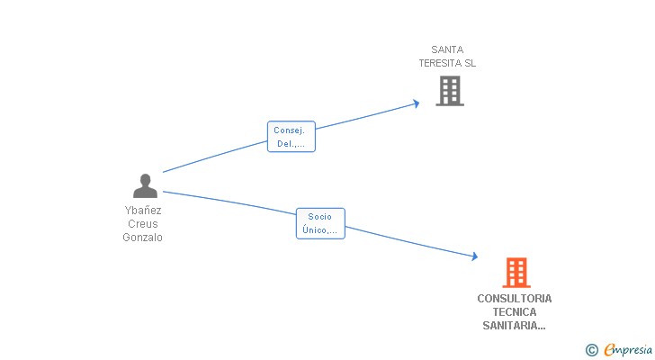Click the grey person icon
pos(145,186)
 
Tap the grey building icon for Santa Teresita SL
pos(449,91)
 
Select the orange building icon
pos(516,272)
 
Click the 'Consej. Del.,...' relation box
pos(292,136)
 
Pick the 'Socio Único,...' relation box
pos(319,223)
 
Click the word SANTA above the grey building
pos(447,49)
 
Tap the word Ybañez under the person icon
pos(143,210)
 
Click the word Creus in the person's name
pos(143,223)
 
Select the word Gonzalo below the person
pos(143,238)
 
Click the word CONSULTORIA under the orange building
pos(515,298)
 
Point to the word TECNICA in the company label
pos(515,311)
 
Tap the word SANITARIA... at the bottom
pos(515,326)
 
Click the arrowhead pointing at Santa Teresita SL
pos(416,103)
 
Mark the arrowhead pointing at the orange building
pos(474,257)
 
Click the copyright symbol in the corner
pos(591,350)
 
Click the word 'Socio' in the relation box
pos(319,217)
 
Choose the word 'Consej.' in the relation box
pos(290,130)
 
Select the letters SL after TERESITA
pos(470,63)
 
